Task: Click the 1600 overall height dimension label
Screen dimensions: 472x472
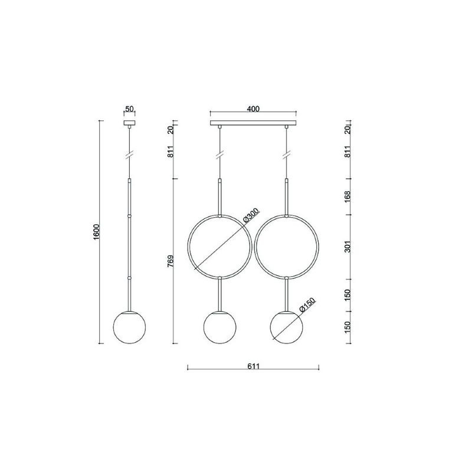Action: pyautogui.click(x=96, y=232)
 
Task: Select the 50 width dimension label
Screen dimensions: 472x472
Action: pyautogui.click(x=129, y=109)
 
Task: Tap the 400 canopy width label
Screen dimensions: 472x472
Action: pyautogui.click(x=253, y=109)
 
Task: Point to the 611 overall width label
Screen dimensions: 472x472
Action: pyautogui.click(x=253, y=366)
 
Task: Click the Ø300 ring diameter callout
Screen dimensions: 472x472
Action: pyautogui.click(x=250, y=215)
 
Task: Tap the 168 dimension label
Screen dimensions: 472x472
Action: pyautogui.click(x=348, y=196)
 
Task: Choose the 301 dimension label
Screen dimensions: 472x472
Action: pyautogui.click(x=348, y=247)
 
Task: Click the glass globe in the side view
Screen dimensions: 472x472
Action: pyautogui.click(x=129, y=327)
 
